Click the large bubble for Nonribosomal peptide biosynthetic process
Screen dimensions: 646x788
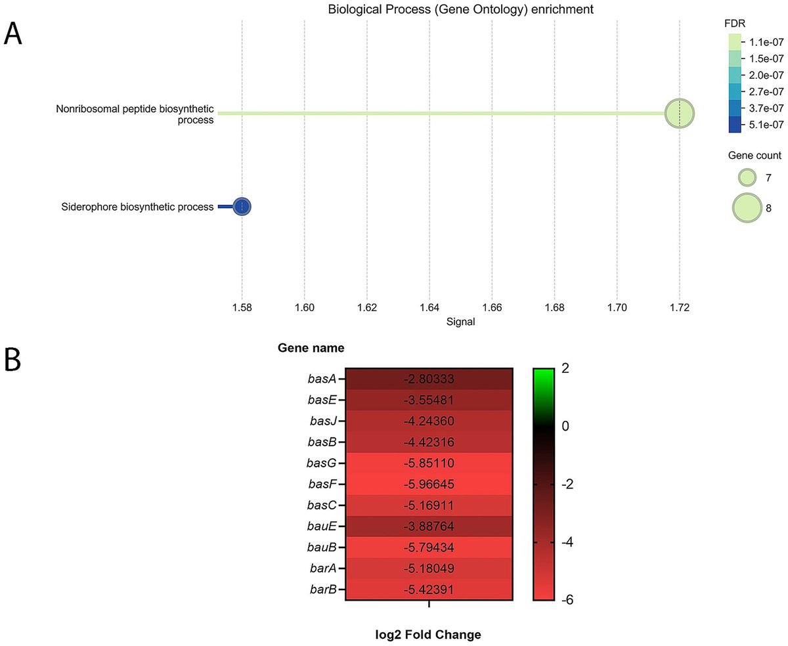point(679,114)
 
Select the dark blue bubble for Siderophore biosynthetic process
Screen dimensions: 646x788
point(242,206)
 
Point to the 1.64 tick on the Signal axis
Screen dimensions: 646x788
point(429,307)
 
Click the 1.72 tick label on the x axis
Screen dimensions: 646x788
point(679,307)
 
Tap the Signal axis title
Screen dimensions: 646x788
point(460,322)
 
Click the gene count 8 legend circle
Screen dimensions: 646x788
point(747,208)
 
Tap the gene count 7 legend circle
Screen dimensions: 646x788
point(747,177)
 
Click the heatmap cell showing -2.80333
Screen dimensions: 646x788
point(429,379)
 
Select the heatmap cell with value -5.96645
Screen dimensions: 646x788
point(429,484)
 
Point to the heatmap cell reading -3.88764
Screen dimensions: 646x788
point(429,527)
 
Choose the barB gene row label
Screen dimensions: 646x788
point(322,590)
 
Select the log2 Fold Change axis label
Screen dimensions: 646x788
point(429,635)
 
